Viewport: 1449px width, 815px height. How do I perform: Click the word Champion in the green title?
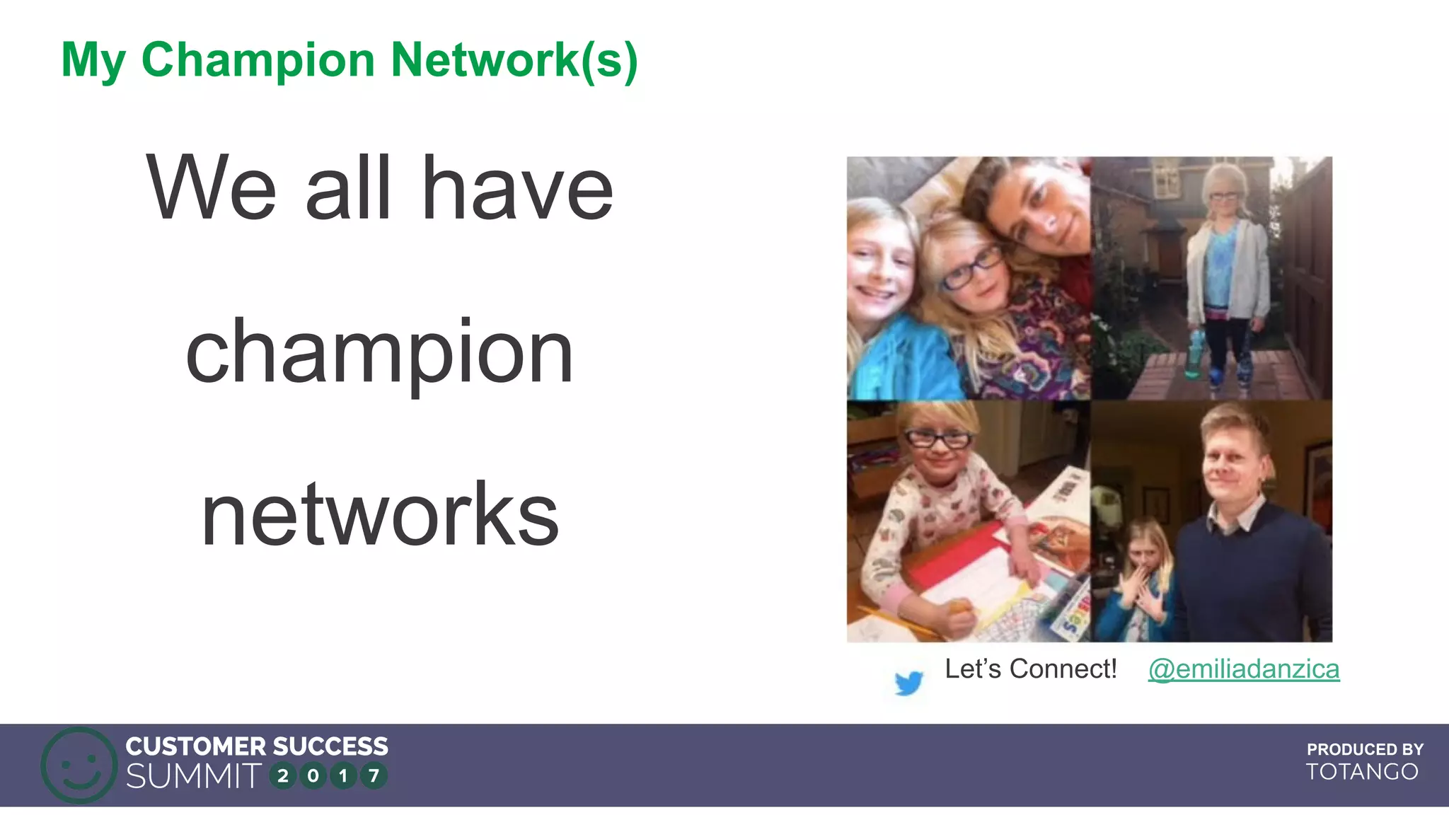tap(258, 61)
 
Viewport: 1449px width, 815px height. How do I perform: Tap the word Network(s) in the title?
tap(514, 61)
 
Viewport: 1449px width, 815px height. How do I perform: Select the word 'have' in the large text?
tap(517, 188)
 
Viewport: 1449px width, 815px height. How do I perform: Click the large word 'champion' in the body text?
tap(379, 352)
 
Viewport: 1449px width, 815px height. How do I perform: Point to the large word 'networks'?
tap(380, 514)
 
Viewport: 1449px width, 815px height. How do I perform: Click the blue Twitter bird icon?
tap(908, 682)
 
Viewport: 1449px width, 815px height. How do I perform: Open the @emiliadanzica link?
tap(1243, 669)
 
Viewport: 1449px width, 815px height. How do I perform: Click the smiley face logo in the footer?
tap(79, 765)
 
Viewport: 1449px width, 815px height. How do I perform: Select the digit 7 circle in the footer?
tap(374, 776)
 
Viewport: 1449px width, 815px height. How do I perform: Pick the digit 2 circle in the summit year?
tap(283, 776)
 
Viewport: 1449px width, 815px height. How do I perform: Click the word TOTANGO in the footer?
tap(1362, 772)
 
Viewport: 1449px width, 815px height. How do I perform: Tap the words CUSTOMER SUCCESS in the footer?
tap(257, 746)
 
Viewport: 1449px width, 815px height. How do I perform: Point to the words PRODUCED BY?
tap(1365, 749)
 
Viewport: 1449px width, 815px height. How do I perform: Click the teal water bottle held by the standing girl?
tap(1194, 354)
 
